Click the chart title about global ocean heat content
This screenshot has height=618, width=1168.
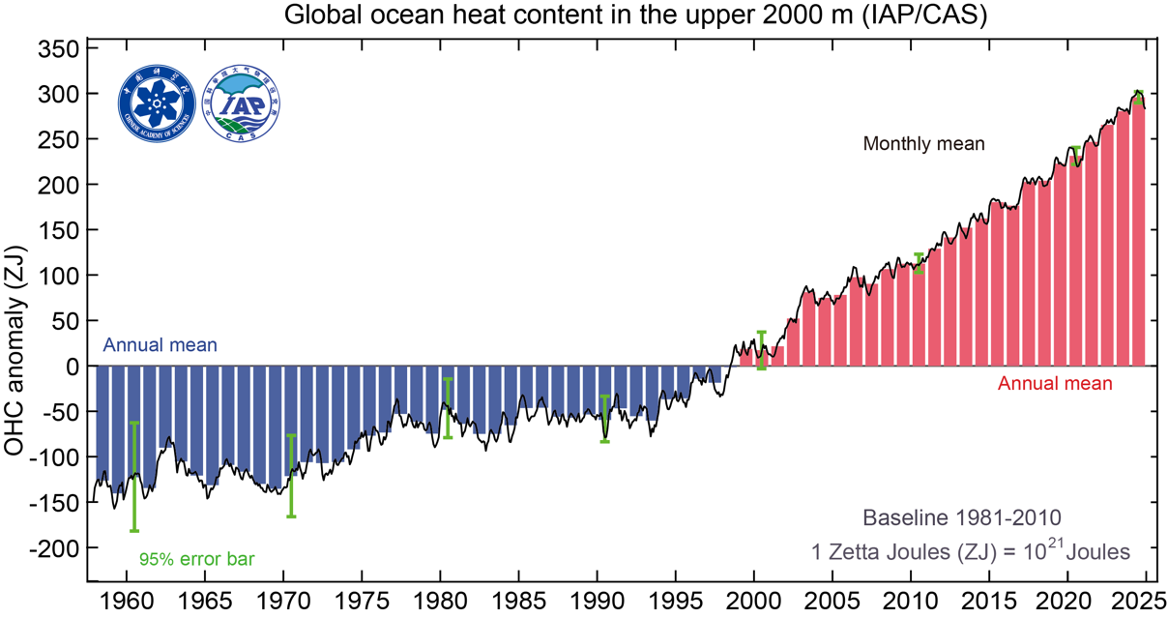(x=635, y=16)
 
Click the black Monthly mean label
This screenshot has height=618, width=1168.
(x=923, y=144)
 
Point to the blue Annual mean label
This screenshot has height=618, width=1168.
(x=160, y=345)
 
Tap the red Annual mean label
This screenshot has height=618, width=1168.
(x=1055, y=384)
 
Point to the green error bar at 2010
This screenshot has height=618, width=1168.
(x=919, y=263)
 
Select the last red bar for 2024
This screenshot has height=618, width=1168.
(x=1138, y=232)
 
